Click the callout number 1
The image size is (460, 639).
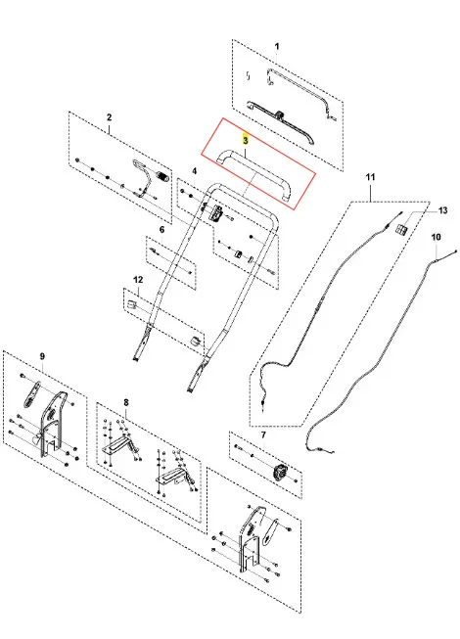coord(277,47)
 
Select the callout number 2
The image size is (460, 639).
coord(110,117)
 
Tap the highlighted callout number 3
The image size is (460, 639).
coord(246,140)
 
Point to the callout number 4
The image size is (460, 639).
coord(195,171)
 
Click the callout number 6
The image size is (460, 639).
coord(162,230)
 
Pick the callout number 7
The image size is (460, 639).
coord(263,434)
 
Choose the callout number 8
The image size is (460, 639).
coord(126,402)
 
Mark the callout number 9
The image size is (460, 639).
coord(42,356)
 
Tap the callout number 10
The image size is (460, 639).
coord(436,237)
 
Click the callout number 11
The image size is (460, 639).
coord(370,177)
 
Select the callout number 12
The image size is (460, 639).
coord(139,280)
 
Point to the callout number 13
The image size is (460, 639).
coord(443,210)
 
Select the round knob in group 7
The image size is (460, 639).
coord(280,474)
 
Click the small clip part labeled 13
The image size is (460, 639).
coord(400,229)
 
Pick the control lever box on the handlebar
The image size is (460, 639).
coord(216,212)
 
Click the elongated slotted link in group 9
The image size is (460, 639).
coord(32,393)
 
